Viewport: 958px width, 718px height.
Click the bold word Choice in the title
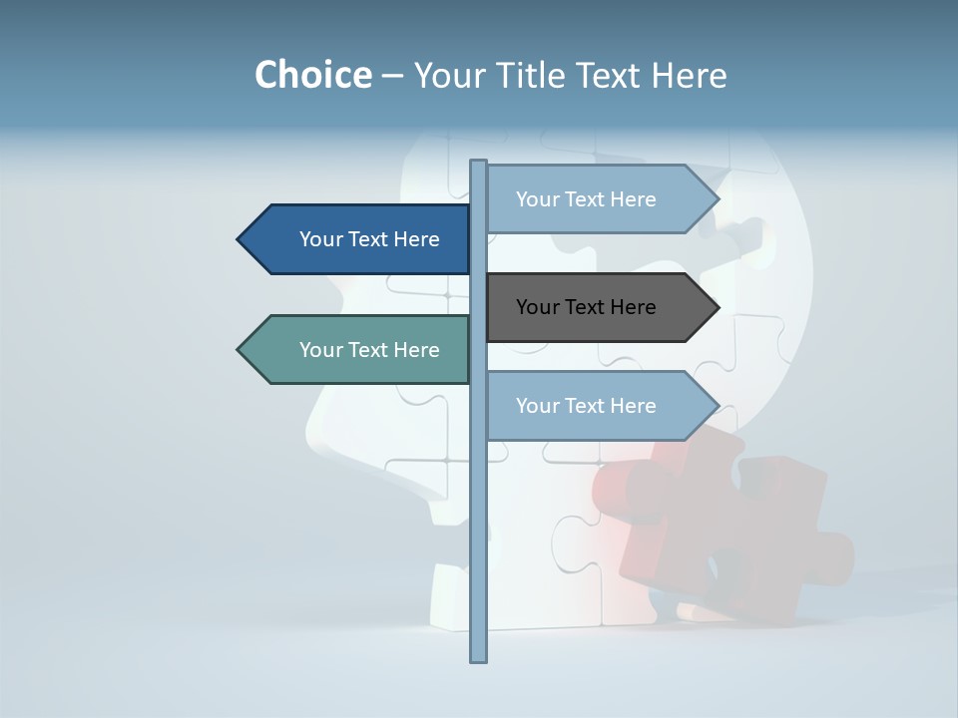312,75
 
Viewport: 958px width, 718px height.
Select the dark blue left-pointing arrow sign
359,239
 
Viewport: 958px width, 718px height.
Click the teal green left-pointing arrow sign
359,350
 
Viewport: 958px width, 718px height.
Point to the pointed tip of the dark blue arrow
239,239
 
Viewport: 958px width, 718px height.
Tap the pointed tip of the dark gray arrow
717,307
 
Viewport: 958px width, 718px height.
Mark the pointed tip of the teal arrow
239,350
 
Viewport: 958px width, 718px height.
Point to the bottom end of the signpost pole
479,657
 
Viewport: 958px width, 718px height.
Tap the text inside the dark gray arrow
586,307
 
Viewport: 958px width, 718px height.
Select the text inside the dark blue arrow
369,239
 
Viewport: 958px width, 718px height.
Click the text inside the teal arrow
369,350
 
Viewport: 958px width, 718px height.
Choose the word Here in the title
689,75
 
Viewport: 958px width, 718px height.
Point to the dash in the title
392,76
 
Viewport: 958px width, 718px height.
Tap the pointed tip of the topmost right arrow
717,199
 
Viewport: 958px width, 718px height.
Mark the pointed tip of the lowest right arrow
717,406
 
